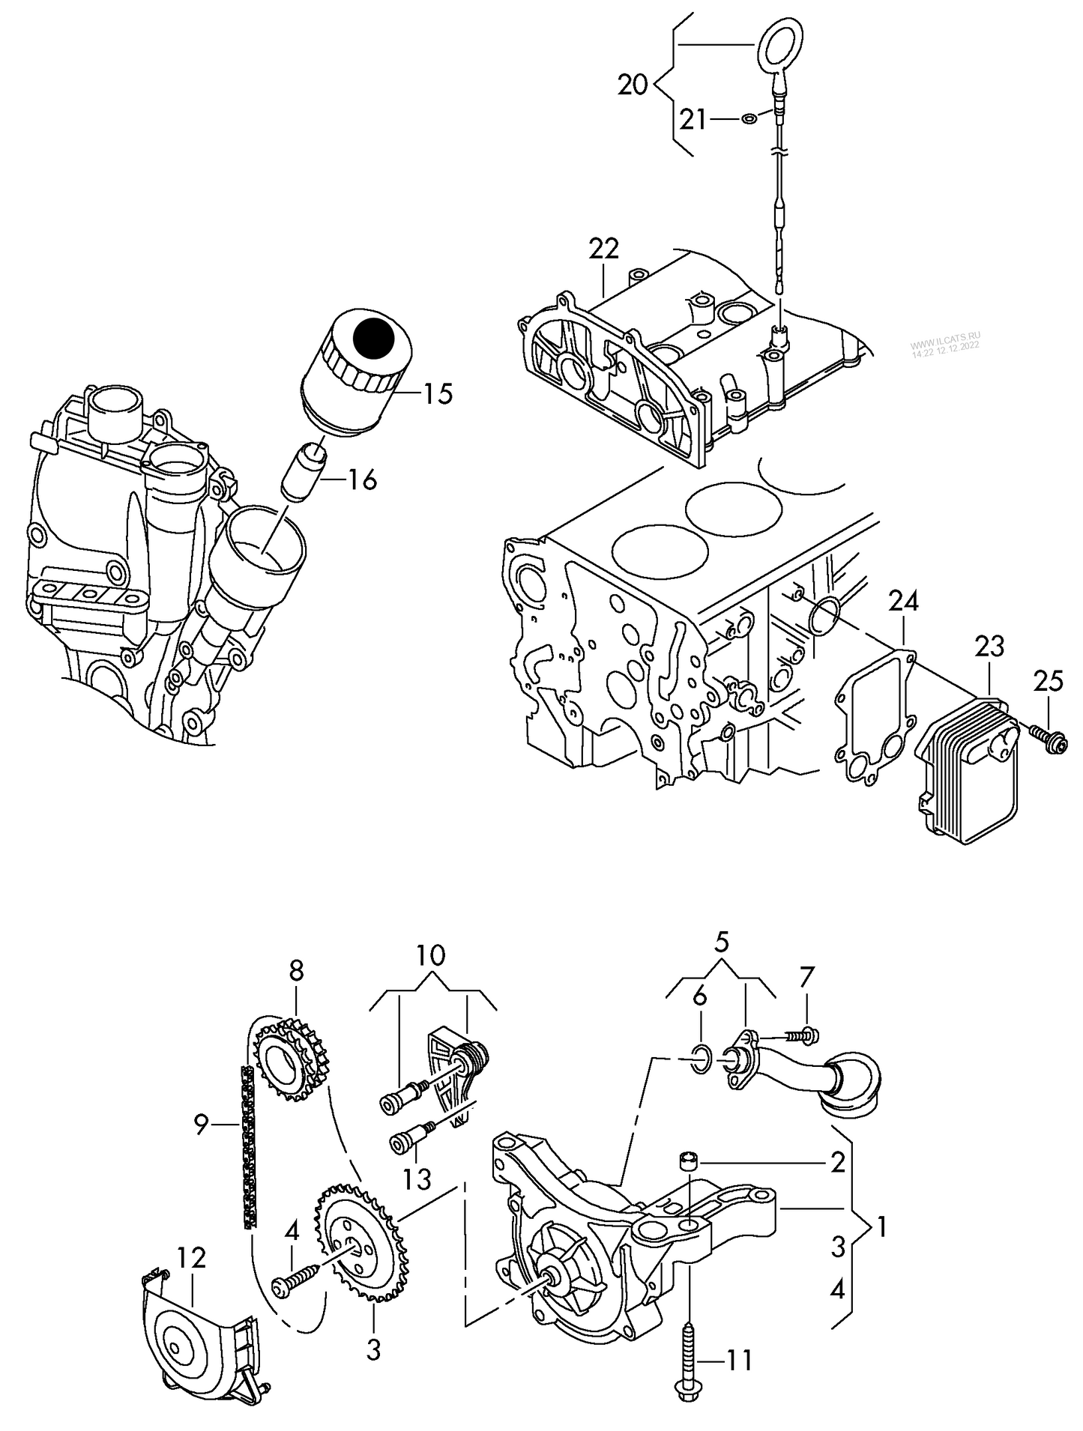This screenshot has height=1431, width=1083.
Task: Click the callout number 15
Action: click(438, 393)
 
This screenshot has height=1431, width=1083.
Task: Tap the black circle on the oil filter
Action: click(373, 338)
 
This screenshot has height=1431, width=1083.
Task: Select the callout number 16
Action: click(362, 479)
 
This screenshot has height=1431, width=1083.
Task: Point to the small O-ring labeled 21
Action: click(749, 118)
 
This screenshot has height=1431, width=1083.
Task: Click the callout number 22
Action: click(603, 249)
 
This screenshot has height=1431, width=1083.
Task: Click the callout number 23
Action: click(989, 646)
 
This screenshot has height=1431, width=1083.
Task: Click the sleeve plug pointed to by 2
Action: click(688, 1162)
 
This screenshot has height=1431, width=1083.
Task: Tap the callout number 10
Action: click(431, 954)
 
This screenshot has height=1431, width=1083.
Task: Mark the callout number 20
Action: click(632, 85)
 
